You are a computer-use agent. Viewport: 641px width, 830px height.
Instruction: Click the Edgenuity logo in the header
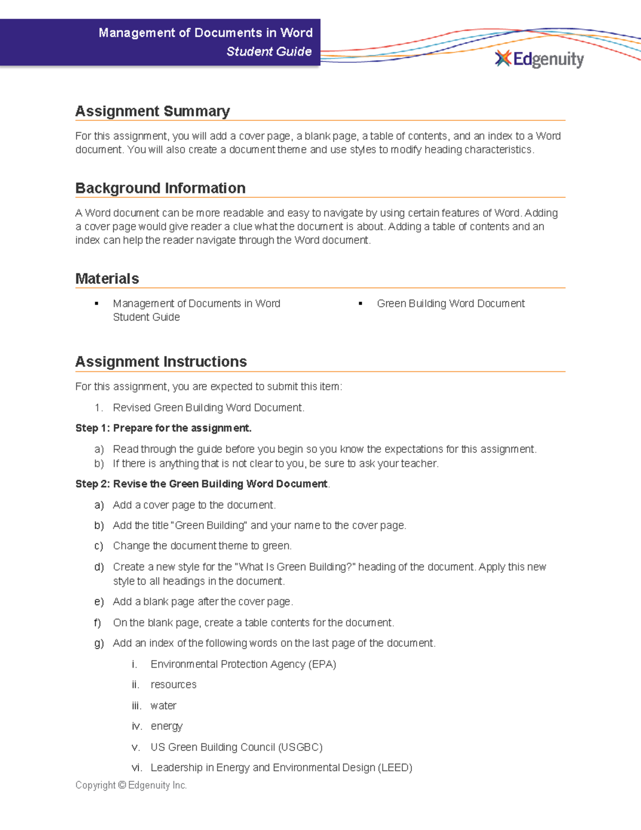click(x=540, y=59)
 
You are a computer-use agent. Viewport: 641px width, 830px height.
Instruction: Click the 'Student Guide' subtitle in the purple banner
click(x=269, y=51)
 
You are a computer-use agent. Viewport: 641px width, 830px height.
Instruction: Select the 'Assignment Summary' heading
click(x=152, y=111)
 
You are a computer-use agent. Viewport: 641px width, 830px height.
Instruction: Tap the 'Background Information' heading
click(x=160, y=188)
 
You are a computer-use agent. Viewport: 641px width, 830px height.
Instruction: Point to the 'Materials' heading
click(x=107, y=278)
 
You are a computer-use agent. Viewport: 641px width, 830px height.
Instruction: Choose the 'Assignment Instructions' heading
click(x=161, y=362)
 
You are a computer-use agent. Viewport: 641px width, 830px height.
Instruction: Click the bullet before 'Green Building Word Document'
click(x=361, y=304)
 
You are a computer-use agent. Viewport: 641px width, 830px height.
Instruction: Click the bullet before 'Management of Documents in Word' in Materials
click(x=97, y=304)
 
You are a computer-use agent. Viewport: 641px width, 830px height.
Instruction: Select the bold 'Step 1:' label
click(x=93, y=428)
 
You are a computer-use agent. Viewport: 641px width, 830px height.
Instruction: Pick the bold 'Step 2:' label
click(x=93, y=484)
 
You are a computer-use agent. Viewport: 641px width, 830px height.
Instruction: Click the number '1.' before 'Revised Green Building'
click(x=98, y=408)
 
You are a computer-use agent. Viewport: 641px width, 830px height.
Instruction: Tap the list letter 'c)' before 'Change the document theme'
click(x=99, y=546)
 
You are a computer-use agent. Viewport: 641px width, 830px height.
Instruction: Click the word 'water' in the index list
click(x=163, y=705)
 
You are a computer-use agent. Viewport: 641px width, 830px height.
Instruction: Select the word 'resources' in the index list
click(x=174, y=685)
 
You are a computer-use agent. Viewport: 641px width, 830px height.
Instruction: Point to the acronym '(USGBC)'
click(x=300, y=747)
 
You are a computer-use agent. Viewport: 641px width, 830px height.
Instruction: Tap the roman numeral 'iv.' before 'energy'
click(x=137, y=726)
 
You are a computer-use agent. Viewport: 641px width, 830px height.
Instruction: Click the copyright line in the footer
click(x=131, y=785)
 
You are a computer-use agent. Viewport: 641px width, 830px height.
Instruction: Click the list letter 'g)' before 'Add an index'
click(x=99, y=643)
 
